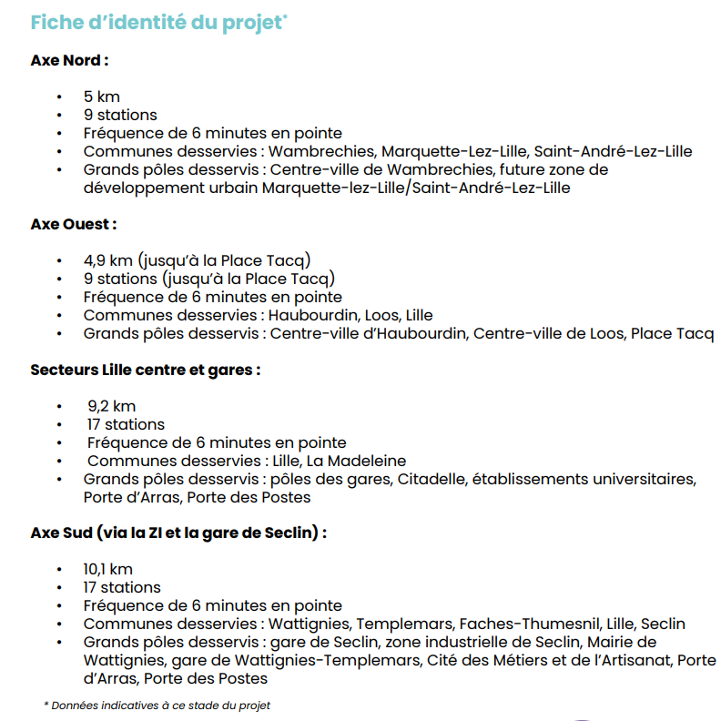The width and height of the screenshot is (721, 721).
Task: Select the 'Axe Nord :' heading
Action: [69, 61]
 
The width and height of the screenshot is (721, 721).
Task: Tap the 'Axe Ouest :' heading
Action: [73, 224]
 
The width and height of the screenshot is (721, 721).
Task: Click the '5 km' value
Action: [101, 96]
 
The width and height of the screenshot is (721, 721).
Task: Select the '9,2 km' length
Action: [111, 406]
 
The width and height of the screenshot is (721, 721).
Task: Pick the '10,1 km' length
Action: [107, 570]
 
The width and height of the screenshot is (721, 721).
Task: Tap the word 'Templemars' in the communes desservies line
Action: [403, 624]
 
